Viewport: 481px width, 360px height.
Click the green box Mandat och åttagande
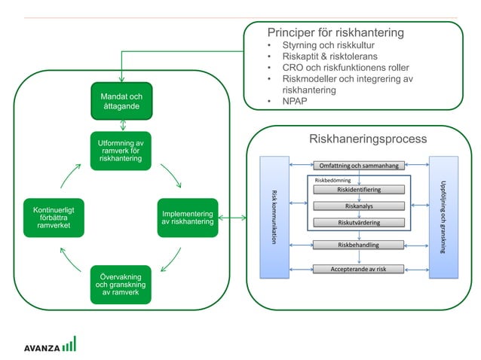pyautogui.click(x=121, y=103)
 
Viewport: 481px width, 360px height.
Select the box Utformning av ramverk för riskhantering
pyautogui.click(x=121, y=151)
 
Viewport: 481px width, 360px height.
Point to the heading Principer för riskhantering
pyautogui.click(x=335, y=33)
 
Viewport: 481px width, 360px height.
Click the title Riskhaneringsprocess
pyautogui.click(x=368, y=139)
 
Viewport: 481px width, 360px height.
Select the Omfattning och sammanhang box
pyautogui.click(x=359, y=165)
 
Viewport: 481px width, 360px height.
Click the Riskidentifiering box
pyautogui.click(x=359, y=190)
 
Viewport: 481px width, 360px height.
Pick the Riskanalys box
pyautogui.click(x=359, y=206)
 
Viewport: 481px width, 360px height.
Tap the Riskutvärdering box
pyautogui.click(x=359, y=222)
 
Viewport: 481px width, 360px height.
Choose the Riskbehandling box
pyautogui.click(x=359, y=245)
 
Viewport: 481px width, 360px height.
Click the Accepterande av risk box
pyautogui.click(x=359, y=269)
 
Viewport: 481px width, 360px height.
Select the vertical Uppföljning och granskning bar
pyautogui.click(x=443, y=217)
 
